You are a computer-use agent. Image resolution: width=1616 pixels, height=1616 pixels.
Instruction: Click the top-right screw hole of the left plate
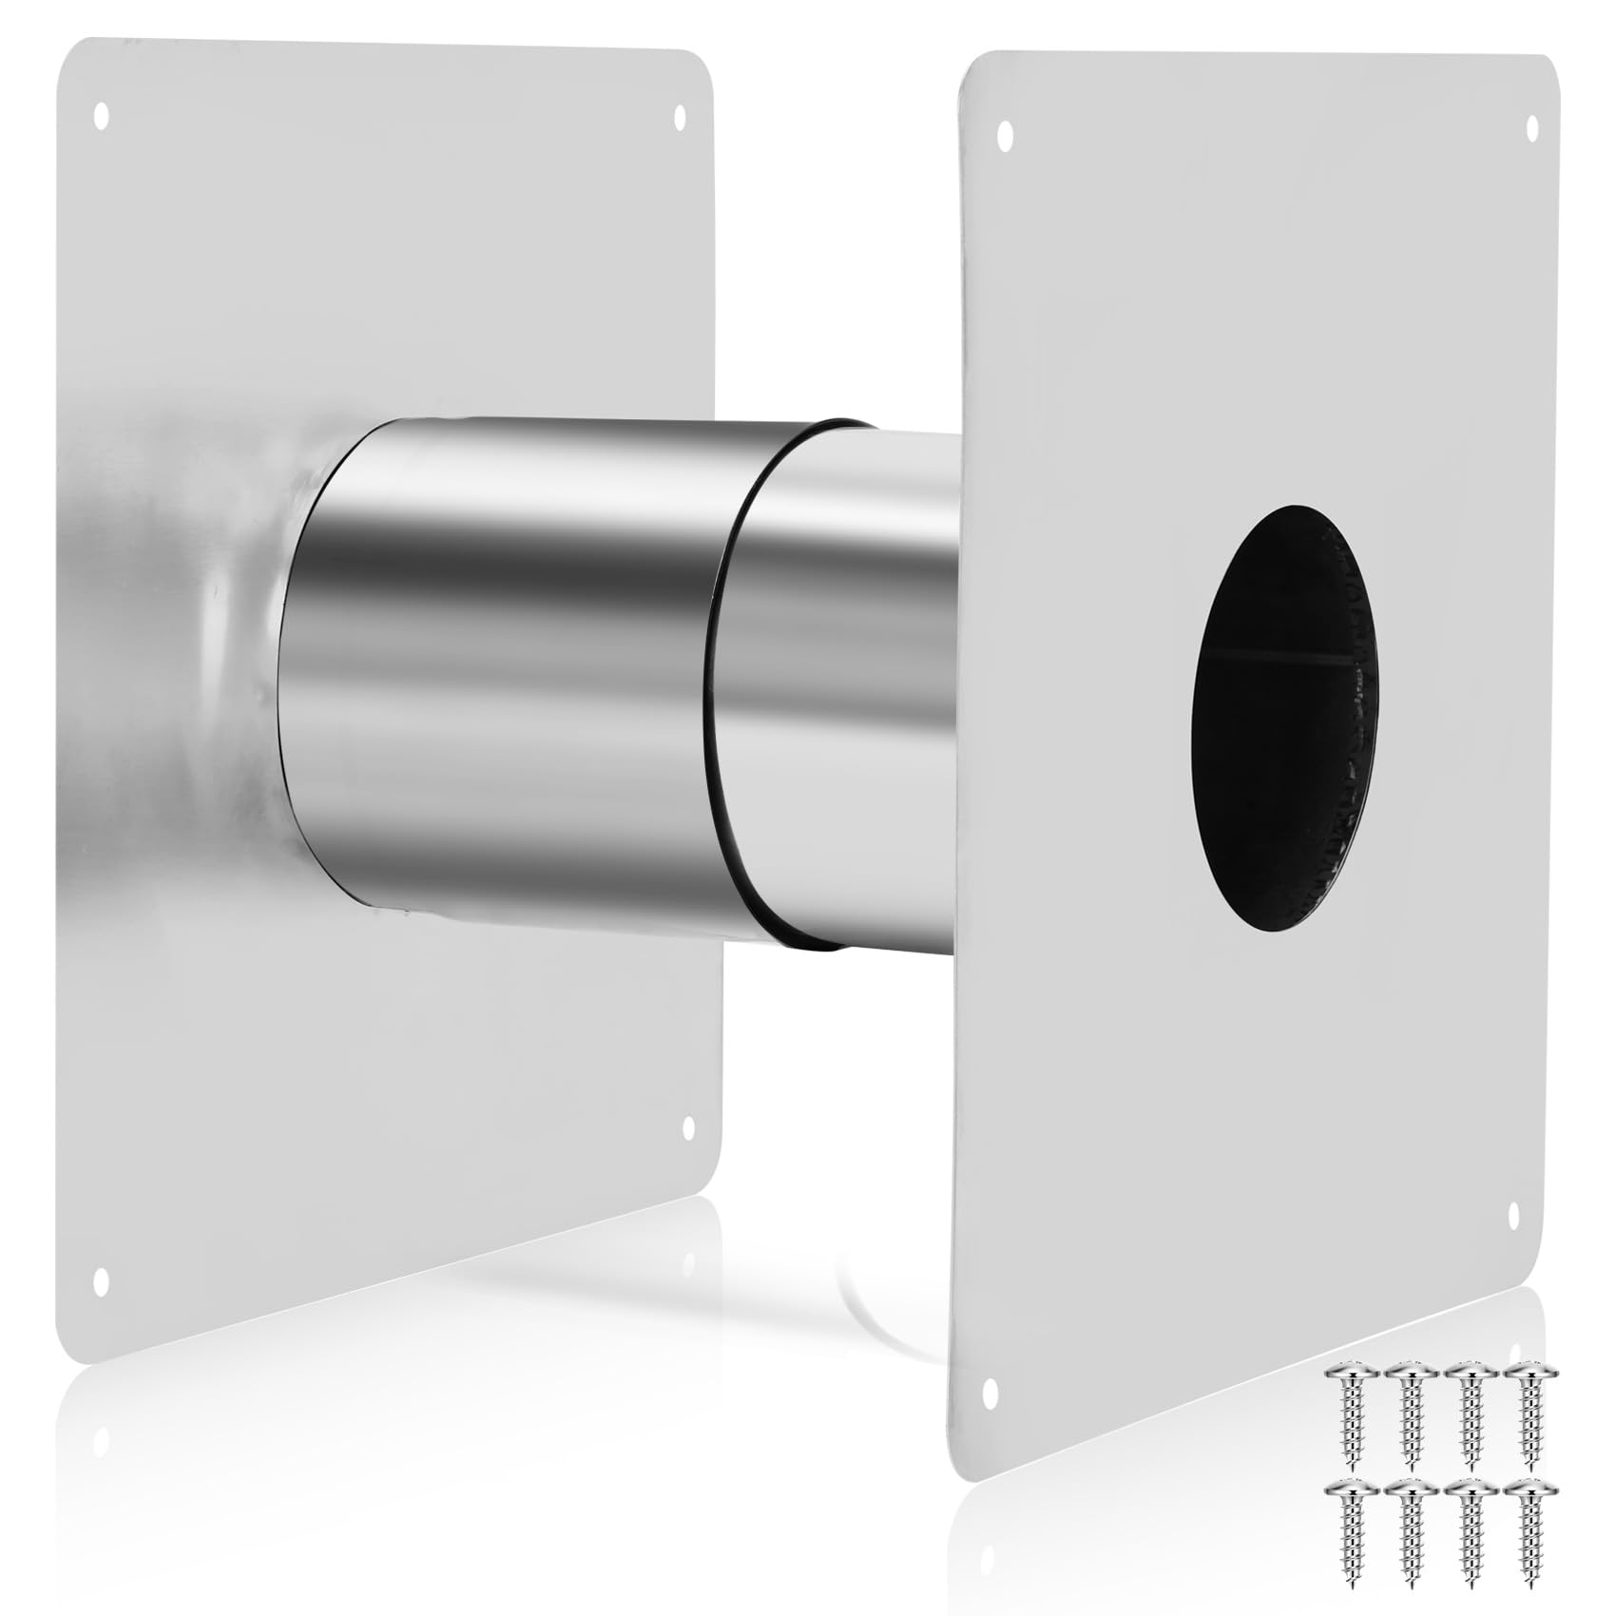tap(679, 118)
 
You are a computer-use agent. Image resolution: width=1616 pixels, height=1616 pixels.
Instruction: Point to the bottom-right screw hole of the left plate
tap(688, 1128)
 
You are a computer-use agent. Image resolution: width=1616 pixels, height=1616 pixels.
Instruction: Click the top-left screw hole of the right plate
tap(1006, 135)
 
